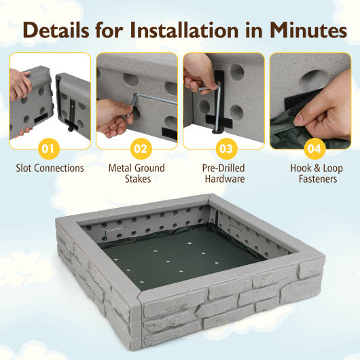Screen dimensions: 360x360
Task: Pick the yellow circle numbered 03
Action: (223, 147)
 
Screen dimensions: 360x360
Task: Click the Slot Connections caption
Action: (50, 167)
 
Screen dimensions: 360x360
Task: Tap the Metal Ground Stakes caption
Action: (137, 173)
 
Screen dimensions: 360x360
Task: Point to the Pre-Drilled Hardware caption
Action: (223, 173)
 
